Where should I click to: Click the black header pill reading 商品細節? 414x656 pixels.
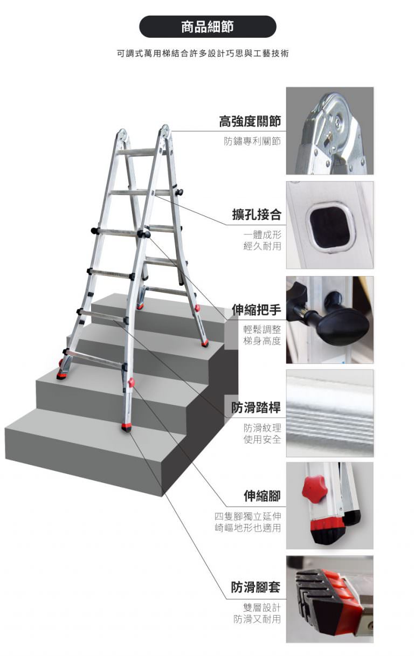[208, 26]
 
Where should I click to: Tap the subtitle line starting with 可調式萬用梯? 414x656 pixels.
[203, 53]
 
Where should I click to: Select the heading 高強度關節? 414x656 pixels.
[250, 121]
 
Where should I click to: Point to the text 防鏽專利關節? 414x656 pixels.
[252, 141]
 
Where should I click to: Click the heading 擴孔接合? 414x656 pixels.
[257, 215]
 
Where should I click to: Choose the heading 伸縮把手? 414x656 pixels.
[257, 310]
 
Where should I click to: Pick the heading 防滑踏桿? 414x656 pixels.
[256, 408]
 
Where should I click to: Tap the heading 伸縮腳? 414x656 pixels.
[262, 496]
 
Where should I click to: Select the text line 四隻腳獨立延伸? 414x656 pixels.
[247, 516]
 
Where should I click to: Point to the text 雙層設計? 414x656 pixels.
[262, 607]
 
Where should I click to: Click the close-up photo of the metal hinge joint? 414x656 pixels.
[330, 130]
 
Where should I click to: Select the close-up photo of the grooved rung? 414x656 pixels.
[330, 413]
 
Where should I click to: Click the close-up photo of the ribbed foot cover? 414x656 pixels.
[330, 599]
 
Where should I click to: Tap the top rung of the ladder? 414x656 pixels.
[137, 151]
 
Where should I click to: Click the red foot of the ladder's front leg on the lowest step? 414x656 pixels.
[127, 427]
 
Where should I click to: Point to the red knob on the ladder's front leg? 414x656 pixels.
[131, 382]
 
